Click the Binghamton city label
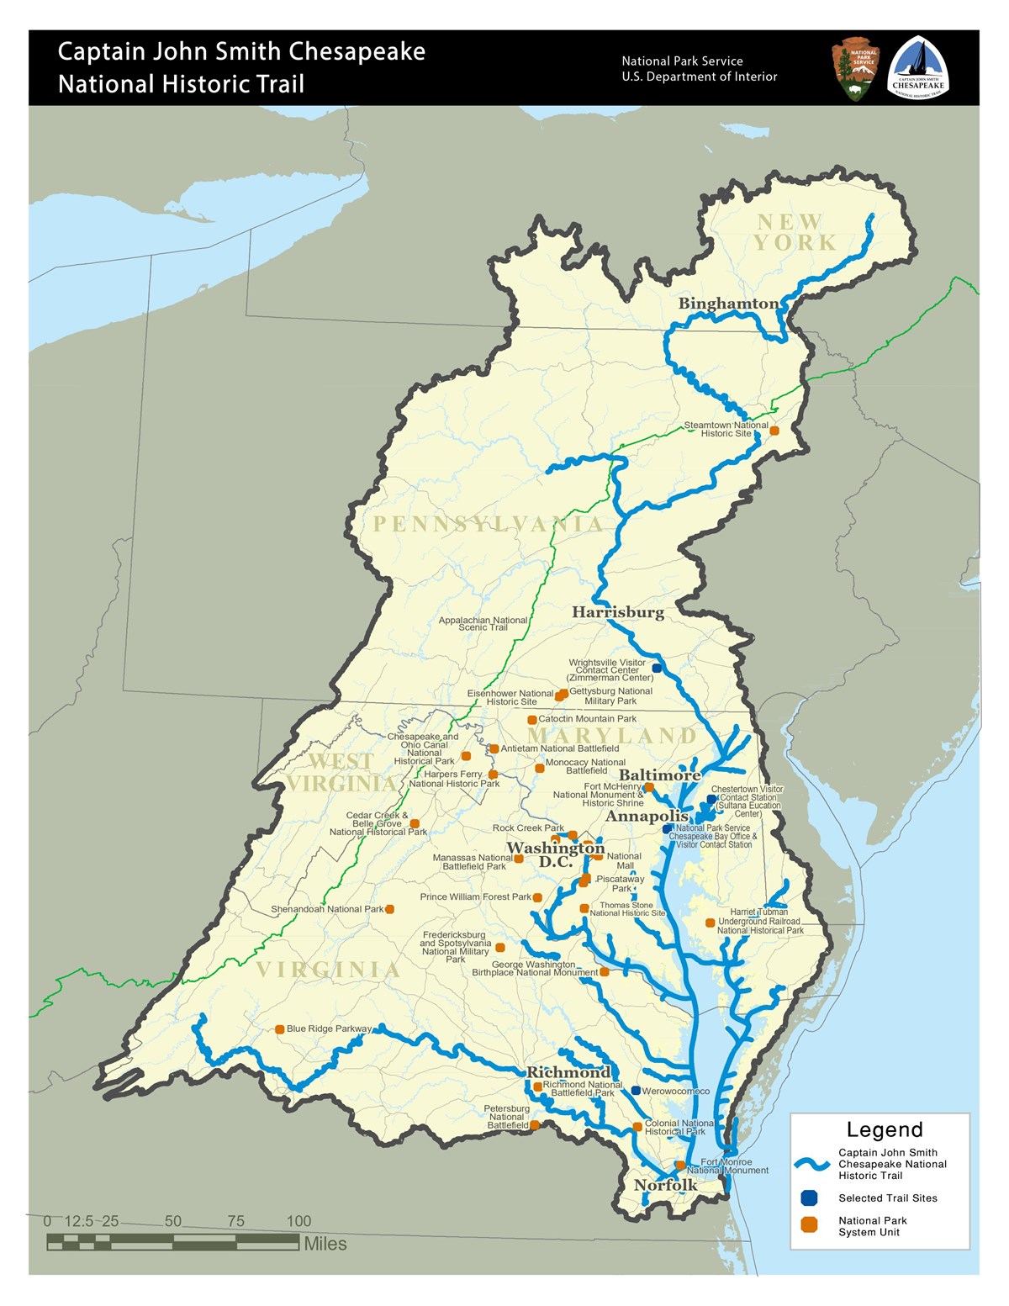(x=728, y=304)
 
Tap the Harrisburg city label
(x=618, y=612)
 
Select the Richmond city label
(x=568, y=1072)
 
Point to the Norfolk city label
(x=665, y=1185)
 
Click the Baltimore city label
(x=660, y=775)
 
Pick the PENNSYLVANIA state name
(x=488, y=525)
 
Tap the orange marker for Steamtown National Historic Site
(x=774, y=431)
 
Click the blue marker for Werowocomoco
(x=636, y=1091)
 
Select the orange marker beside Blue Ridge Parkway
(x=280, y=1029)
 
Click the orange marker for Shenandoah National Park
(x=389, y=909)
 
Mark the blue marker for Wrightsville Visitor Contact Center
(x=657, y=668)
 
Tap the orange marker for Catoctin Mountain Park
(x=531, y=720)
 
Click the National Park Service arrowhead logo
(x=855, y=69)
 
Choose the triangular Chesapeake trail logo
(x=918, y=69)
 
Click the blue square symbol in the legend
(x=809, y=1198)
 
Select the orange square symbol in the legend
(x=809, y=1225)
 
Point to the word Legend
(x=885, y=1129)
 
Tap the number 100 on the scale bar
(x=298, y=1221)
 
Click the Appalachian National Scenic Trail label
(x=483, y=623)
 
